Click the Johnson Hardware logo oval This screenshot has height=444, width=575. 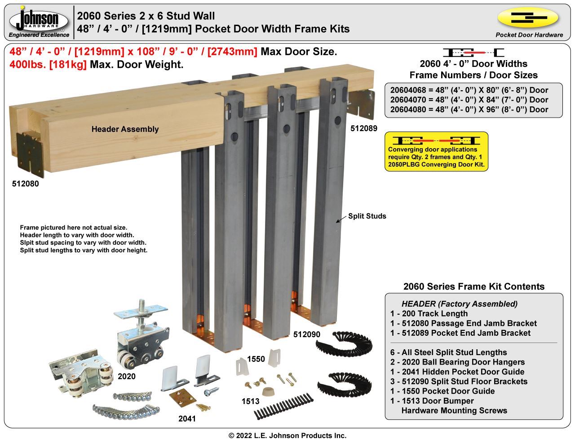39,20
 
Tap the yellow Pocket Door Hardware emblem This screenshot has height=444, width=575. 528,18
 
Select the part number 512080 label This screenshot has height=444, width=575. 26,184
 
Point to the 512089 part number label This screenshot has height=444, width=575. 364,128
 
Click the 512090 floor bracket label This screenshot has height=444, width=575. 307,334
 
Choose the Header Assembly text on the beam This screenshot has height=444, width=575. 125,129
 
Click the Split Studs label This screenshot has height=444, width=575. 367,216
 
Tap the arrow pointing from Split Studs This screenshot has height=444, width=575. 341,219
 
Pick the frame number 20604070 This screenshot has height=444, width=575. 407,100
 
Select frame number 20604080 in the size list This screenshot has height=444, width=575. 407,110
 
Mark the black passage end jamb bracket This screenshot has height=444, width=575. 30,154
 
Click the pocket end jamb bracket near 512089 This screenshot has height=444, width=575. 362,104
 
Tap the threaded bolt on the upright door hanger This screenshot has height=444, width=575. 142,312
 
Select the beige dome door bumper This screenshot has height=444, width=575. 268,392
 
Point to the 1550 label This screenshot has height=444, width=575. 256,359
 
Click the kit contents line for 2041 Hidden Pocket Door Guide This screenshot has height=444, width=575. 457,372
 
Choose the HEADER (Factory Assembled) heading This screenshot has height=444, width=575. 460,304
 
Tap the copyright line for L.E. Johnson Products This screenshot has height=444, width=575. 287,435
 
